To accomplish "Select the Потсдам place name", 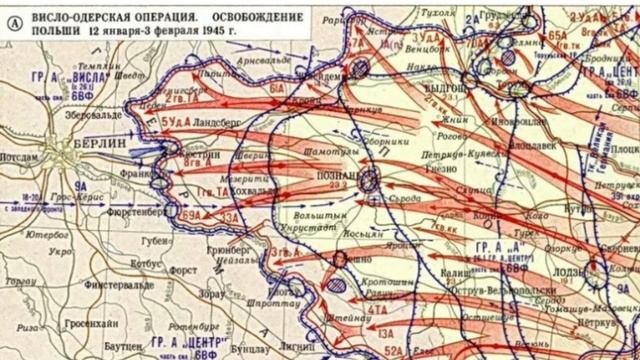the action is pyautogui.click(x=21, y=157).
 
